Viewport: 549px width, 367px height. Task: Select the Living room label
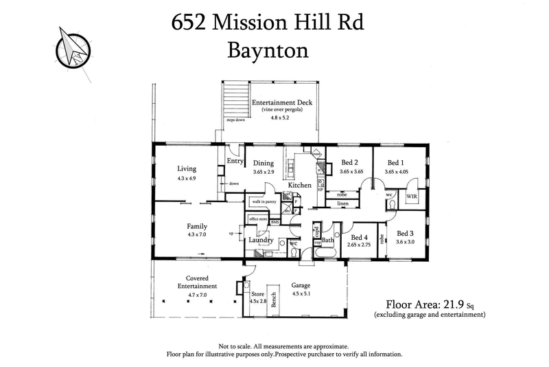[x=186, y=168]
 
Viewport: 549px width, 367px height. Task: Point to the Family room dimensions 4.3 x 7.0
[x=197, y=234]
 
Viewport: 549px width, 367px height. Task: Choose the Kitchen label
[x=300, y=186]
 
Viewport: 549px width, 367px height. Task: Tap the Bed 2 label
[x=351, y=163]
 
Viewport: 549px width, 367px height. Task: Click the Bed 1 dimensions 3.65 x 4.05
[x=396, y=172]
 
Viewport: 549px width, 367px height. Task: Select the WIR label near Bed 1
[x=412, y=196]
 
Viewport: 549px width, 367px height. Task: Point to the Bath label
[x=327, y=240]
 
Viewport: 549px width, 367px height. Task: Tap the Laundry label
[x=261, y=240]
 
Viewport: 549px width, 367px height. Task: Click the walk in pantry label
[x=264, y=201]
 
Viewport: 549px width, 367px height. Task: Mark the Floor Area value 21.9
[x=452, y=302]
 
